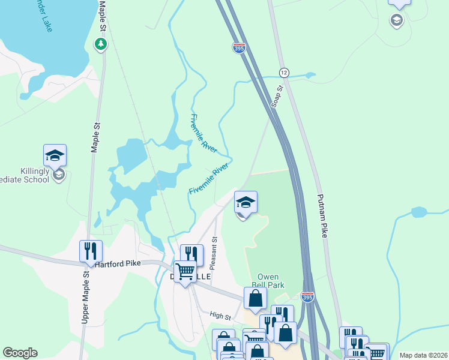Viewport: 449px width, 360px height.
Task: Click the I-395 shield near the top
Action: coord(239,48)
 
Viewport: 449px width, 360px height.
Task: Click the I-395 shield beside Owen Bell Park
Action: coord(308,297)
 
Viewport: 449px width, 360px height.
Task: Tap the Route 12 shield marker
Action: coord(284,72)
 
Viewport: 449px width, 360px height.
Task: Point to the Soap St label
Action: coord(277,96)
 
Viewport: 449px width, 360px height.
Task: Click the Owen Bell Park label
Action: coord(267,281)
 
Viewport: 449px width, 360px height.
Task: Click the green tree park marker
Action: coord(101,43)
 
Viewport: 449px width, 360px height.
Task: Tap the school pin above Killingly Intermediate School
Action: coord(55,155)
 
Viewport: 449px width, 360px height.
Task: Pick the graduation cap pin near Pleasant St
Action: coord(245,202)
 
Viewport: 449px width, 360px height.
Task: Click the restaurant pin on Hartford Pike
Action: coord(91,251)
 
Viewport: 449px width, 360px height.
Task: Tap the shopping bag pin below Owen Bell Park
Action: coord(255,298)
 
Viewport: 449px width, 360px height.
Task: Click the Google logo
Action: coord(20,353)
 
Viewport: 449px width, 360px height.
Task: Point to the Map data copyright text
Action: coord(423,355)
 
